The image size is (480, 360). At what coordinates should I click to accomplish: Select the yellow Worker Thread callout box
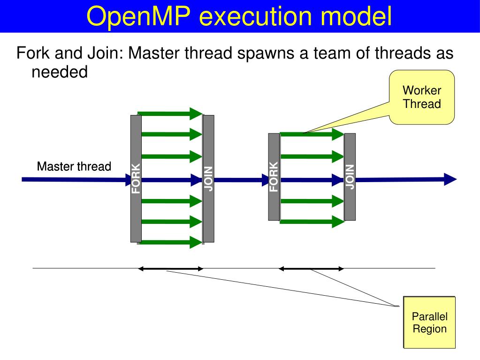[422, 97]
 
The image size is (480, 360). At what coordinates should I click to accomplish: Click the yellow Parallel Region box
[429, 322]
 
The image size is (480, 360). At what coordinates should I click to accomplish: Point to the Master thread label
[74, 166]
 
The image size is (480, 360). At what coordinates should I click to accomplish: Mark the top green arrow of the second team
[312, 134]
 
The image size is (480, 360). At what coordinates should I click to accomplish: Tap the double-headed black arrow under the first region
[170, 269]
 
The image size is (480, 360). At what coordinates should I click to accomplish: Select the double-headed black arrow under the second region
[311, 269]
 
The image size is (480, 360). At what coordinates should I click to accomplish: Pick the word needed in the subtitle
[60, 72]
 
